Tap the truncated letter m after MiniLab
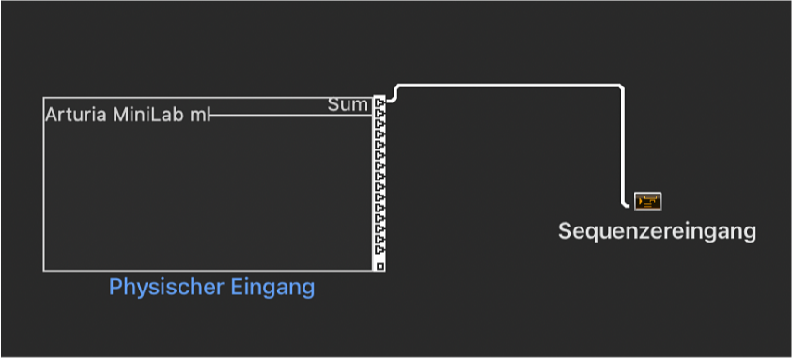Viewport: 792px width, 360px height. (x=197, y=116)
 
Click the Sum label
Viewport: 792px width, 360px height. (x=348, y=104)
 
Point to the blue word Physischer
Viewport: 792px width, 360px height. (x=156, y=287)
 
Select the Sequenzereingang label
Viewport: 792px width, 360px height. (x=657, y=231)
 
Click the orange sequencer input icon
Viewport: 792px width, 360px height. (x=648, y=201)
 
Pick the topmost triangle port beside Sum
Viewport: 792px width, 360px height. (x=380, y=102)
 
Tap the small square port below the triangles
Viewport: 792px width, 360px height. (x=380, y=266)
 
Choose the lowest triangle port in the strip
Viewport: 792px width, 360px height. (x=380, y=252)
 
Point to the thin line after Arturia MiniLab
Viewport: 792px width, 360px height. (x=282, y=115)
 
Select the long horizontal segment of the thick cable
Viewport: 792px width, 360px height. (x=507, y=86)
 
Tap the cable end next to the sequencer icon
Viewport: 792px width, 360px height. (x=628, y=203)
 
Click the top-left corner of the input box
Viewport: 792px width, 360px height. (x=44, y=98)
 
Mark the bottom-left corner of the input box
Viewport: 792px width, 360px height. (x=44, y=270)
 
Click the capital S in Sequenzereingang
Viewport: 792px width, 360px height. (x=565, y=231)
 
